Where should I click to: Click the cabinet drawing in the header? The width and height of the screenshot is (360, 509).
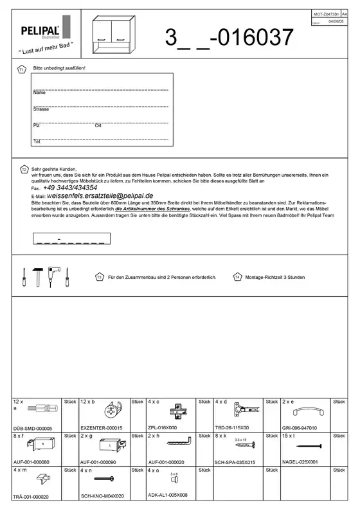117,36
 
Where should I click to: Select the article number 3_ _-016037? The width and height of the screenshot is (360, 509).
230,38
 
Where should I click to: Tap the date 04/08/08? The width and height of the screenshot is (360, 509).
336,21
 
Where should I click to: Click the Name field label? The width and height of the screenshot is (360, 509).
39,93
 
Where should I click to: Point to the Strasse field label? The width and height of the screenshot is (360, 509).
41,109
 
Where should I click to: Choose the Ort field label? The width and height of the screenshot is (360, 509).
98,125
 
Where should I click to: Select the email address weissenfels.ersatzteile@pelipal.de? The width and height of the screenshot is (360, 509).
100,195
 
